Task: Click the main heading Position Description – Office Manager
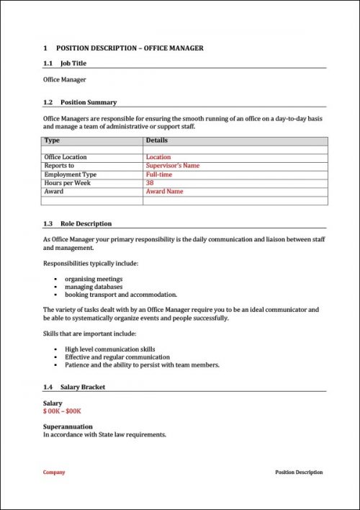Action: point(123,48)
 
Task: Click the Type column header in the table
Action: point(52,140)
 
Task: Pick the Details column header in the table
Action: point(156,140)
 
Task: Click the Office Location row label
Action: point(66,157)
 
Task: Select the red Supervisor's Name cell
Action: point(172,166)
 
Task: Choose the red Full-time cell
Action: point(158,174)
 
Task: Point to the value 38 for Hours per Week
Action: point(150,183)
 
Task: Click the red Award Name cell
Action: point(164,192)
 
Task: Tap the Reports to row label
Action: point(59,166)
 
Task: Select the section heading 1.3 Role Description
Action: point(77,224)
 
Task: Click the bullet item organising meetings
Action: point(94,279)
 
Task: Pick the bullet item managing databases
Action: point(94,287)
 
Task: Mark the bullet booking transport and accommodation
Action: point(121,295)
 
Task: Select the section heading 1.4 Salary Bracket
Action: point(74,388)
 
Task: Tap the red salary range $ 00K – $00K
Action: point(62,411)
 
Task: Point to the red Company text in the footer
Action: point(54,473)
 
